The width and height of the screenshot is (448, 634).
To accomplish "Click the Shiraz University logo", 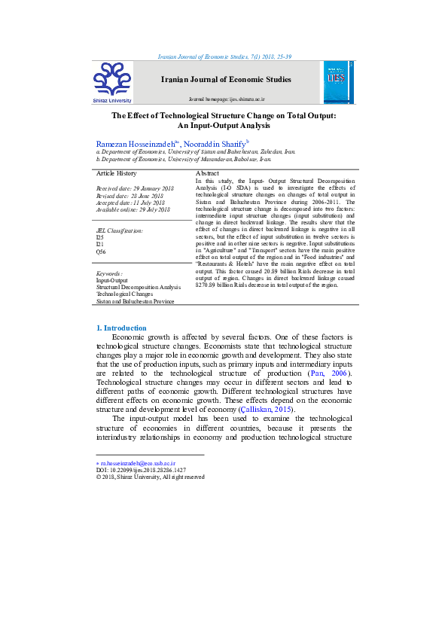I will coord(112,81).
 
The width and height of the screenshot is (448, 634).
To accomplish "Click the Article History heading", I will coord(116,174).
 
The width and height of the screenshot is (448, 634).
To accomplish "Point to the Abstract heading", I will coord(207,174).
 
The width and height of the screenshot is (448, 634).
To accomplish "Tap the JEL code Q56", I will coord(101,251).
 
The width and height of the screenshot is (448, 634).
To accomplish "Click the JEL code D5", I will coord(99,237).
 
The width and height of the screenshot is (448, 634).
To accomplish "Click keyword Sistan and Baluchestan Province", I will coord(135,301).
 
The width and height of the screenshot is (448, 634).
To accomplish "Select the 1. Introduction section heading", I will coord(121,328).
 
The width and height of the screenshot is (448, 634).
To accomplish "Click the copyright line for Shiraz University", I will coord(150,477).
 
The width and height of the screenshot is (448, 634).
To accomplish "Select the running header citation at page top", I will coord(224,56).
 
